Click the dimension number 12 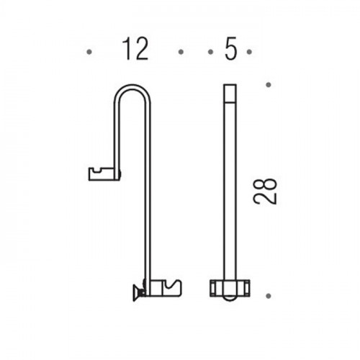tap(135, 49)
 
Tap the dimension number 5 tap(230, 49)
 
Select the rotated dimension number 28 tap(265, 192)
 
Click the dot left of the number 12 tap(89, 52)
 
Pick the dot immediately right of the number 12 tap(181, 52)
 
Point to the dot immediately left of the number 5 tap(211, 52)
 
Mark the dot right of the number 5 tap(249, 52)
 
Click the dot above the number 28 tap(269, 85)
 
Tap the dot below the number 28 tap(269, 296)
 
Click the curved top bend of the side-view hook tap(132, 87)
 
